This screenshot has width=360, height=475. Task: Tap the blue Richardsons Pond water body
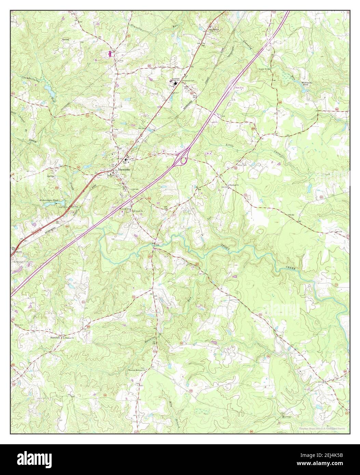51,204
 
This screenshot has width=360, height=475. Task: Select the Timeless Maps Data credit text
322,429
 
